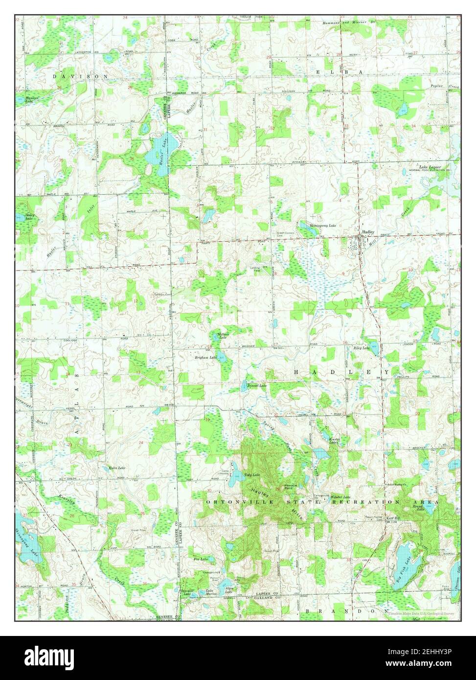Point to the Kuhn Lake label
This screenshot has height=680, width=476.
116,468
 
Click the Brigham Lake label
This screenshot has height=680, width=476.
205,358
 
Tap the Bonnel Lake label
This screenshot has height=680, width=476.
257,385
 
